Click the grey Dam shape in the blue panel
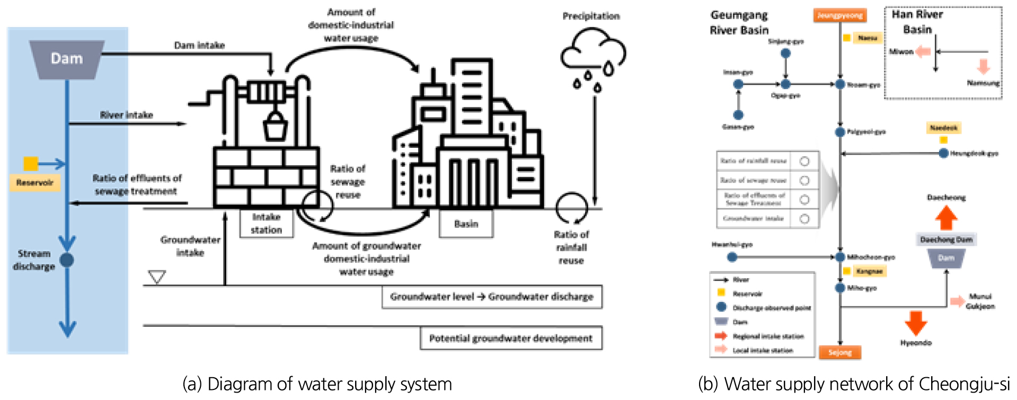[x=67, y=59]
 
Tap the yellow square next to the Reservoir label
[x=31, y=164]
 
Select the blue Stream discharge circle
[x=67, y=260]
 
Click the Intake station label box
[x=266, y=224]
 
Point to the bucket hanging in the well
[x=275, y=126]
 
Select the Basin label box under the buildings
[x=466, y=224]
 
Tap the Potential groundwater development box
[x=511, y=339]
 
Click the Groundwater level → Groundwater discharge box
[x=492, y=297]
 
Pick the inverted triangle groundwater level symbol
[x=157, y=277]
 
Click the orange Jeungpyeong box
[x=839, y=15]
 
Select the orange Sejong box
[x=840, y=352]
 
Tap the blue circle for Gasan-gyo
[x=738, y=115]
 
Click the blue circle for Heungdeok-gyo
[x=943, y=154]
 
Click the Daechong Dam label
[x=946, y=239]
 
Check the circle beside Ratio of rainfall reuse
[x=804, y=161]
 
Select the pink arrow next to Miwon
[x=924, y=52]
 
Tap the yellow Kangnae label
[x=869, y=271]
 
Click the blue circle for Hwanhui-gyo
[x=732, y=257]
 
